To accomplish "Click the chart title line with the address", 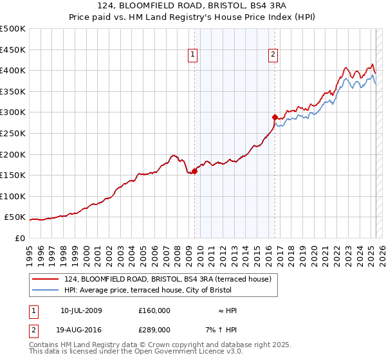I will pos(193,6).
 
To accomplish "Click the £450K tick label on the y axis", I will pos(13,50).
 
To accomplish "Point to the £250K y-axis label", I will pos(13,133).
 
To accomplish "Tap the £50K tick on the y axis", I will pos(15,217).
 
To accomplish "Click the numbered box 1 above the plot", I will pos(194,55).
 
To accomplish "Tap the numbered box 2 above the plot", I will pos(273,55).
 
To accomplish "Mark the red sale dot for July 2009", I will pos(194,171).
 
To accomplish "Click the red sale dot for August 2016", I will pos(275,117).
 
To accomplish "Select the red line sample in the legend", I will pos(46,279).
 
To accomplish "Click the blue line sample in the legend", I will pos(46,290).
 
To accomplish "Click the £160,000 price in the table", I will pos(154,310).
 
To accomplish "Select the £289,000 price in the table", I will pos(154,330).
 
